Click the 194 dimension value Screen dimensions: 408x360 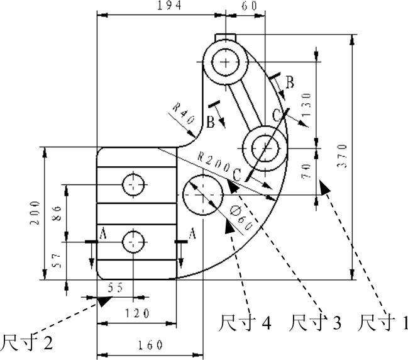169,6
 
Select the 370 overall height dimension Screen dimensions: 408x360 343,156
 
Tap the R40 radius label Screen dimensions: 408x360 184,113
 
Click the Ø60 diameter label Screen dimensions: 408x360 241,218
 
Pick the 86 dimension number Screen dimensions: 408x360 57,213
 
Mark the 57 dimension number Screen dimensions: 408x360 57,261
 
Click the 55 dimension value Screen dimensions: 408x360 115,288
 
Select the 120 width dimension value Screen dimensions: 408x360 138,313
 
